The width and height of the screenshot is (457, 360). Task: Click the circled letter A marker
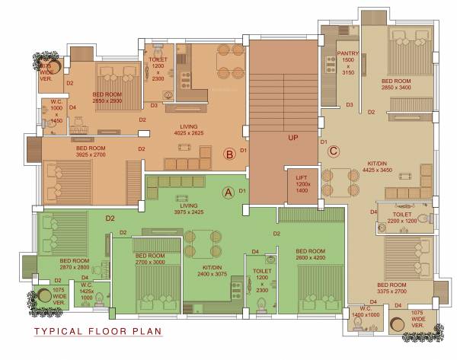(x=226, y=192)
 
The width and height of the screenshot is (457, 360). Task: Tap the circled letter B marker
(x=228, y=155)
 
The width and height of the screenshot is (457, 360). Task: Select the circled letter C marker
(x=333, y=150)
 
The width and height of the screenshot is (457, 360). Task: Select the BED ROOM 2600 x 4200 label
(x=311, y=255)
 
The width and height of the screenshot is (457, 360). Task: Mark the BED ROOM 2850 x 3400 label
(x=397, y=84)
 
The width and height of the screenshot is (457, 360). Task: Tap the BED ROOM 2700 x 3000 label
(x=150, y=259)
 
